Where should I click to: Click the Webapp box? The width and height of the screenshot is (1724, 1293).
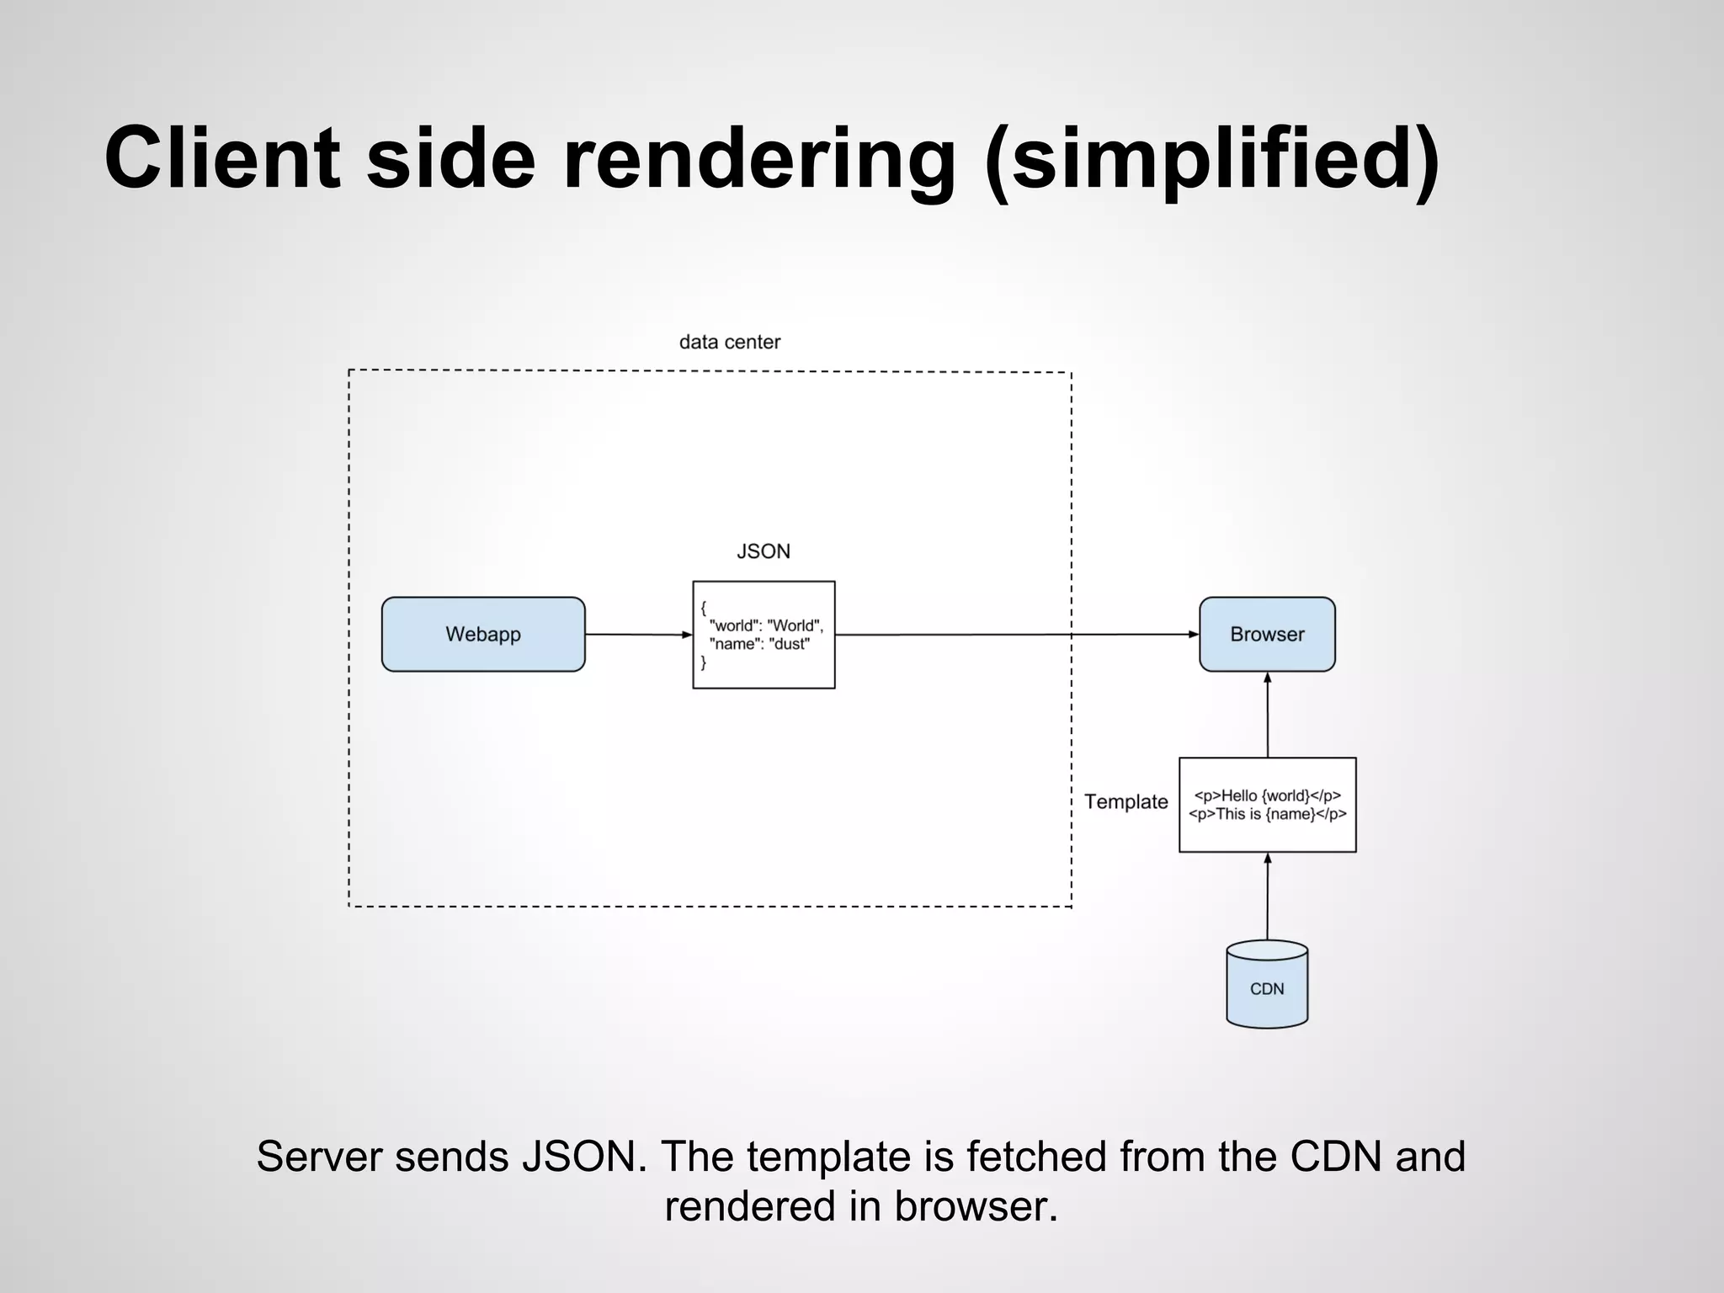coord(482,634)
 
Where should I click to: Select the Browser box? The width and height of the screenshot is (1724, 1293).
coord(1266,634)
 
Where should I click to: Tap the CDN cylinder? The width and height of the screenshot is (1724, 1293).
coord(1266,987)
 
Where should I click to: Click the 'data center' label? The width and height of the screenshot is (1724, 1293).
coord(729,342)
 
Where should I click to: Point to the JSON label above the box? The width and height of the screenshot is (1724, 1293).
coord(763,551)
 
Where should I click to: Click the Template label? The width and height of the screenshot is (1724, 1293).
coord(1125,801)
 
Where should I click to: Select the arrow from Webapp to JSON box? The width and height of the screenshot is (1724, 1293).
coord(637,634)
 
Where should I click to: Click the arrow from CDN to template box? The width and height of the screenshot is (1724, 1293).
coord(1267,897)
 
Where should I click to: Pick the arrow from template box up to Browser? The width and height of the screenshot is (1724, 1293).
coord(1267,716)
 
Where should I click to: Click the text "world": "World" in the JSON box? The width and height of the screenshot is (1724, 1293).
coord(765,625)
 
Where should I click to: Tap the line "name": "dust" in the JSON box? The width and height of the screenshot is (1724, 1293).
coord(758,644)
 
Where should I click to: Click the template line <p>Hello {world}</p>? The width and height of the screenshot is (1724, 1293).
coord(1267,795)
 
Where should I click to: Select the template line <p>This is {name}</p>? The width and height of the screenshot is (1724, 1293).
coord(1267,814)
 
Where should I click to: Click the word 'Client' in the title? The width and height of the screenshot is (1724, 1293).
coord(222,158)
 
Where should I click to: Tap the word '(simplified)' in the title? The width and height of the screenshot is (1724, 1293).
coord(1211,158)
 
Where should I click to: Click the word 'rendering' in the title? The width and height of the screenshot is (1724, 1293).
coord(758,158)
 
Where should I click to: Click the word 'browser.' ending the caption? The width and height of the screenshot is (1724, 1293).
coord(975,1205)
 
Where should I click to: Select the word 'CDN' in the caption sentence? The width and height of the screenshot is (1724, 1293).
coord(1335,1156)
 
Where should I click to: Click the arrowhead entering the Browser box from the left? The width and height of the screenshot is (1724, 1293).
coord(1193,634)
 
